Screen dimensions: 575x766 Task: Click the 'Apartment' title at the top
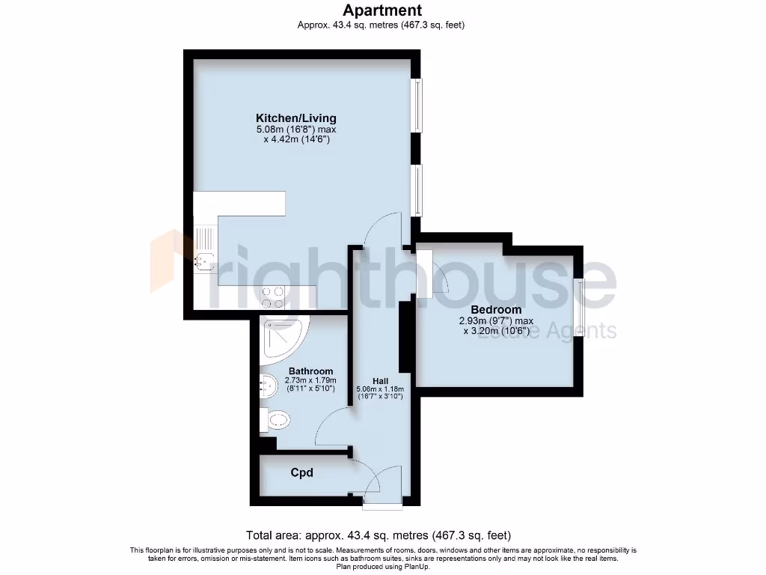(x=382, y=10)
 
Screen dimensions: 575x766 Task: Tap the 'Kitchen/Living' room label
(x=296, y=118)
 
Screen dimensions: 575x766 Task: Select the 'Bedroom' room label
(x=496, y=309)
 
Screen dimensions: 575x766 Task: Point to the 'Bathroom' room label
(x=310, y=371)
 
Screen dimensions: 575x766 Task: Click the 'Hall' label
(x=380, y=381)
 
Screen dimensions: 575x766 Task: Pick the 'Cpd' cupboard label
(x=301, y=472)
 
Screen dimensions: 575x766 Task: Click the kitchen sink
(x=204, y=261)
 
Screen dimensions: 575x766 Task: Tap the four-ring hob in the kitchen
(x=273, y=297)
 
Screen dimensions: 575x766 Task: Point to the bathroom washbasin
(x=267, y=386)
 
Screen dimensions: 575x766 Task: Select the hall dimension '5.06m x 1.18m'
(x=380, y=389)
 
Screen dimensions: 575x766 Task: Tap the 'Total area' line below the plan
(x=379, y=535)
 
